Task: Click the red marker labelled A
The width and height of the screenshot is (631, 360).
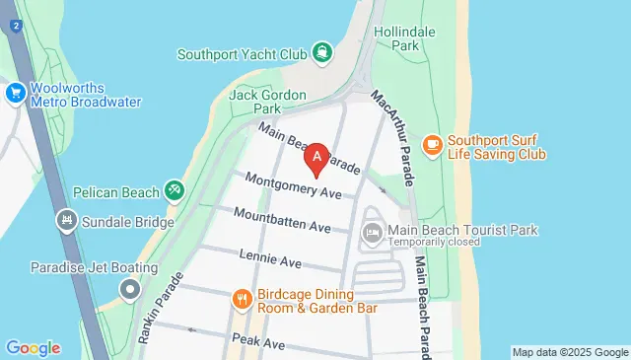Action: (317, 157)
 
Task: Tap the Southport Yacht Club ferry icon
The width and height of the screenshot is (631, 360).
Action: (322, 52)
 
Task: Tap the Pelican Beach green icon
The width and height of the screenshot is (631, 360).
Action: (175, 188)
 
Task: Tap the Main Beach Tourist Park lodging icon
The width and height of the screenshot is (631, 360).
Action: (373, 234)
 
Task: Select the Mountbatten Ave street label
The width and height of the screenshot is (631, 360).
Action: (282, 220)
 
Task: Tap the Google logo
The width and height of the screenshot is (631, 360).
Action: (33, 348)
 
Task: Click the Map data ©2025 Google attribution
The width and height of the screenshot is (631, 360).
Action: (570, 352)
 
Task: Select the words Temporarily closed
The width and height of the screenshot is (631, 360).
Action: (434, 242)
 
